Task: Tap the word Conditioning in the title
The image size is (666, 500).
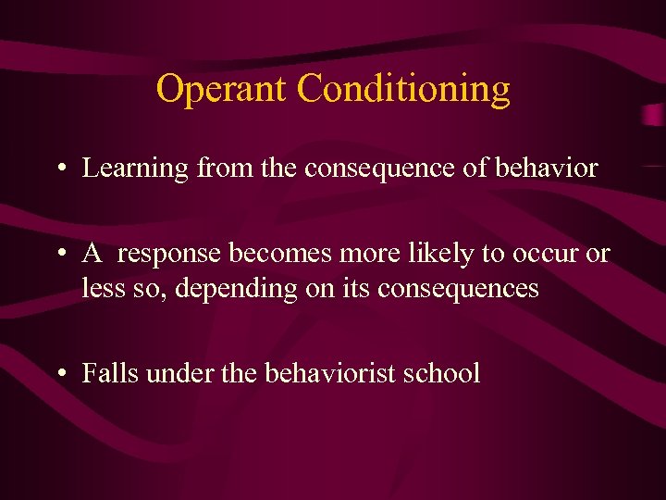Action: (403, 90)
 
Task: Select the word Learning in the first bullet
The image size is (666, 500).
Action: (136, 169)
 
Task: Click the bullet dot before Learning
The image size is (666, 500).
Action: (60, 169)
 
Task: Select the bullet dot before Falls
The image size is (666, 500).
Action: (60, 374)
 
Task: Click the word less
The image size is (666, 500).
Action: (99, 289)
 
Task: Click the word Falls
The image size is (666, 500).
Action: (105, 373)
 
